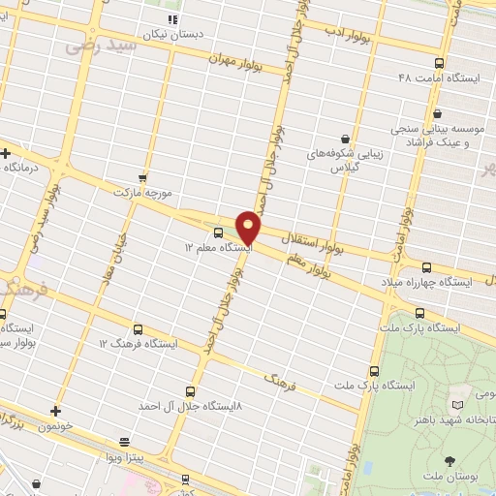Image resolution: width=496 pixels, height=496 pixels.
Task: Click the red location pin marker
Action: [x=249, y=227]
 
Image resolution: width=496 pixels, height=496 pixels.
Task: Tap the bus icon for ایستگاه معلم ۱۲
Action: [x=217, y=232]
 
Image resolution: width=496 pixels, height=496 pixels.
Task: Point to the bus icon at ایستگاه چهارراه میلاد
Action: [x=427, y=267]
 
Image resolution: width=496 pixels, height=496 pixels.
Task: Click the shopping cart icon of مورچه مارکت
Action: [x=143, y=178]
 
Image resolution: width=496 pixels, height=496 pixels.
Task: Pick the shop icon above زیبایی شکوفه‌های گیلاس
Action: [x=345, y=139]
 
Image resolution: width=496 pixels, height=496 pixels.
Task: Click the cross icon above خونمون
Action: [x=55, y=411]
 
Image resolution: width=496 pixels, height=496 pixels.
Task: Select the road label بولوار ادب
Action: [x=348, y=36]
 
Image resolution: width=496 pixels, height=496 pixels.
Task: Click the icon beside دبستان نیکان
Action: [x=172, y=18]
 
